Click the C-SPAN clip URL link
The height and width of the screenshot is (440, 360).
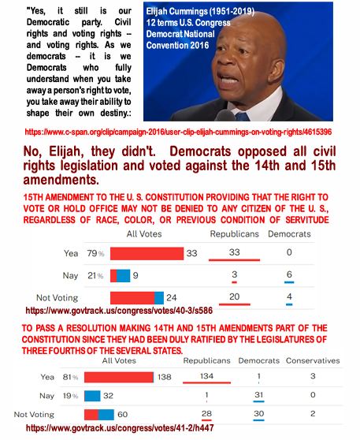(178, 132)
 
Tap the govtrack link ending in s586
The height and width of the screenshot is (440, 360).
(119, 311)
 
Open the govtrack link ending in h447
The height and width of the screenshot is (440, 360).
(120, 428)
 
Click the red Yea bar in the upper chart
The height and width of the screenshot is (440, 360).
(147, 253)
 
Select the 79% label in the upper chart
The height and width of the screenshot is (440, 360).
(95, 253)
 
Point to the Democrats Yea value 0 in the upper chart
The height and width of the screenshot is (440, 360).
(289, 252)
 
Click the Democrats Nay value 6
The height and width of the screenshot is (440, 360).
(289, 274)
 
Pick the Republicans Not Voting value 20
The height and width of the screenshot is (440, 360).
(235, 296)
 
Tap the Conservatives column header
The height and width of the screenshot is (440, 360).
(313, 360)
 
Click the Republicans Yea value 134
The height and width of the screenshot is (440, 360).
(206, 376)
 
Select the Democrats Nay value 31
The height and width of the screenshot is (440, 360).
(258, 395)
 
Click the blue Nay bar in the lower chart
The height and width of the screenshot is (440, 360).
(92, 396)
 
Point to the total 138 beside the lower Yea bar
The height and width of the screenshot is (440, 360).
(165, 377)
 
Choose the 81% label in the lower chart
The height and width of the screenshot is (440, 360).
(70, 377)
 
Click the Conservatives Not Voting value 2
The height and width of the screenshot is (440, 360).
(313, 414)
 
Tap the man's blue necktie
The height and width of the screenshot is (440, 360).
(243, 117)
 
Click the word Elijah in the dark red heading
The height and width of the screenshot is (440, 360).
(66, 151)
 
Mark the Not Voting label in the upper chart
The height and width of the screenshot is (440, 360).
(58, 298)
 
